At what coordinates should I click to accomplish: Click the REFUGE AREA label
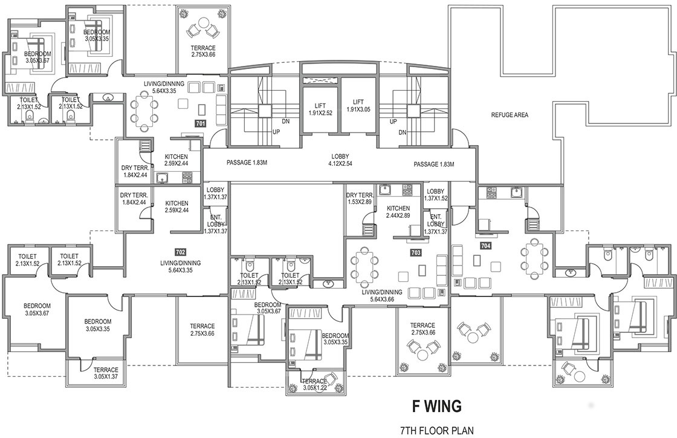click(x=510, y=114)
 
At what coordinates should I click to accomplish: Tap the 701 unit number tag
click(x=201, y=123)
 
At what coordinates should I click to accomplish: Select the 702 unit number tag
click(x=180, y=252)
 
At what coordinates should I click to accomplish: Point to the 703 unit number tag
click(x=415, y=252)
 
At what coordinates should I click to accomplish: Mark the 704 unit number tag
click(x=485, y=246)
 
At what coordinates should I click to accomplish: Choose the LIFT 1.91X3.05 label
click(x=358, y=106)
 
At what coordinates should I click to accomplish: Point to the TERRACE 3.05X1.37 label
click(x=97, y=373)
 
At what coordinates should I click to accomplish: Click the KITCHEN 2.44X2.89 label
click(x=398, y=212)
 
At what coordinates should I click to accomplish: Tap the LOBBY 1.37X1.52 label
click(x=435, y=195)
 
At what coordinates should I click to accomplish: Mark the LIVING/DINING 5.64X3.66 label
click(x=378, y=295)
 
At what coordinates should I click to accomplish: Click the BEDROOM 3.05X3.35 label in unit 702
click(x=97, y=325)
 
